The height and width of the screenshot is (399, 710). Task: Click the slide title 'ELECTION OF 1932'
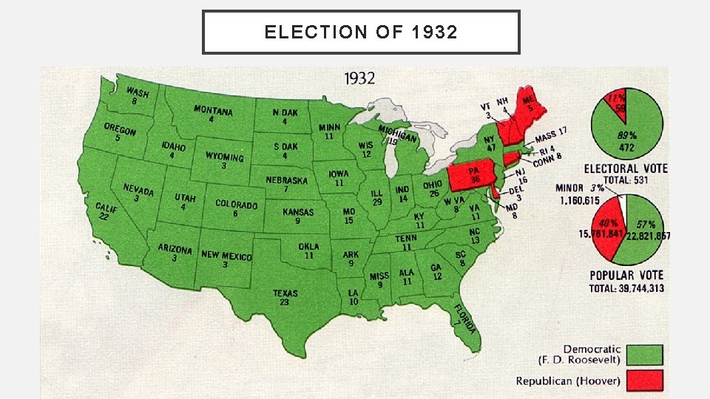(361, 33)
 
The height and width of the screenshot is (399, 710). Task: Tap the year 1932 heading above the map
(359, 78)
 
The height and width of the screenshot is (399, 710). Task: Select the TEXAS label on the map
(285, 294)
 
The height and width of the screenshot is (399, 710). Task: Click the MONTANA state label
(213, 112)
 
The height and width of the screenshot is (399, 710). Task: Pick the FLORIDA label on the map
(464, 319)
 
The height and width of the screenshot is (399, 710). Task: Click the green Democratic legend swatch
(644, 355)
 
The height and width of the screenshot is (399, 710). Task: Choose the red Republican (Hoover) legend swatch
(644, 381)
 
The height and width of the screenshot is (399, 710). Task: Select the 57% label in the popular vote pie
(645, 224)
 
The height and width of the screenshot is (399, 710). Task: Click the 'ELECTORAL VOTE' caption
(626, 168)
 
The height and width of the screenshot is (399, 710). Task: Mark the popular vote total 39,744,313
(626, 288)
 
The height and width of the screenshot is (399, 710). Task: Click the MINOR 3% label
(580, 188)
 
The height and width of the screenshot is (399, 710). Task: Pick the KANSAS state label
(298, 212)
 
